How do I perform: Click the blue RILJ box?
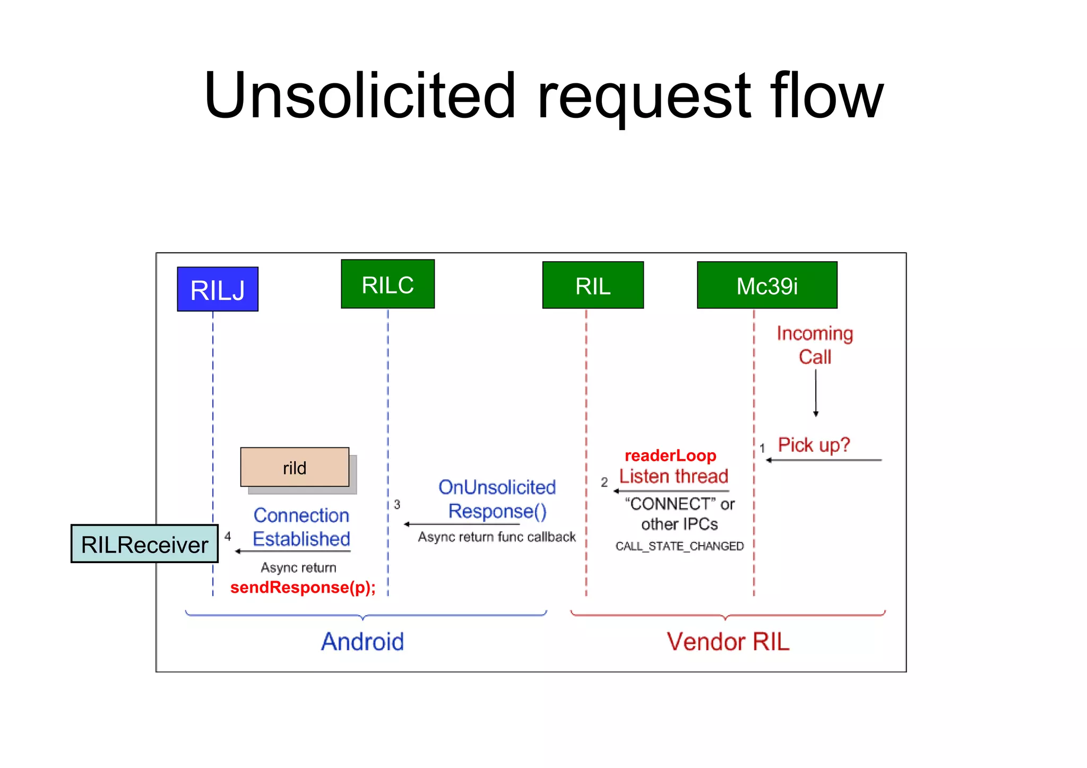218,289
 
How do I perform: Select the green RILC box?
387,284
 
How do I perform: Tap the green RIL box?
593,286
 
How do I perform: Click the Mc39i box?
767,286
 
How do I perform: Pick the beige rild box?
295,468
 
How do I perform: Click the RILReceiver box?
144,544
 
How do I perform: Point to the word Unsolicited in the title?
359,96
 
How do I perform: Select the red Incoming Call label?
815,345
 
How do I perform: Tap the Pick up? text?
814,445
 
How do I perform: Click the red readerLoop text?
670,455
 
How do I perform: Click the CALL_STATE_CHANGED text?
679,546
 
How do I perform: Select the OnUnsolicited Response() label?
497,499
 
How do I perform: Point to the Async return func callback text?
496,537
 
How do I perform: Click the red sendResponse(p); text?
303,588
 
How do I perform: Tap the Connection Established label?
301,527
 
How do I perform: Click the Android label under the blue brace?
363,642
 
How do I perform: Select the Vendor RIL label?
728,642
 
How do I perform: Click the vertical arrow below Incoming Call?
816,393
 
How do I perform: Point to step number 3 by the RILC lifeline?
397,504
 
